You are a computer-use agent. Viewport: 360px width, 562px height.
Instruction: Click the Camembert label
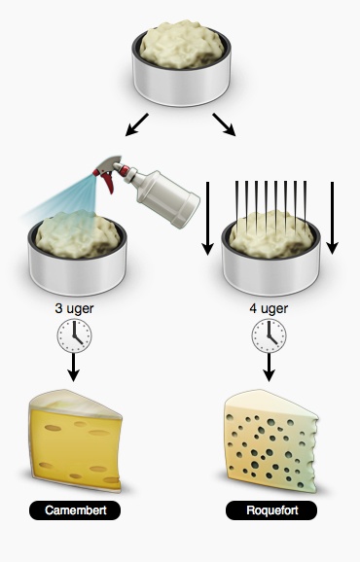75,510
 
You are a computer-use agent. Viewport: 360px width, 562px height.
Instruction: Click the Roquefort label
271,510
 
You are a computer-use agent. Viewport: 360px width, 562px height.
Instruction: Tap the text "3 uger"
74,308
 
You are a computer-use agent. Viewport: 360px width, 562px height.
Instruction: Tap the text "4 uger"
269,308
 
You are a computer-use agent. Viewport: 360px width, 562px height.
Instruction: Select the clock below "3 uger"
74,335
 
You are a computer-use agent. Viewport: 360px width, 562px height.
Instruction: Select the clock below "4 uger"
269,335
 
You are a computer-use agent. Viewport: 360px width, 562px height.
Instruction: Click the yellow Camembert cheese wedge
76,440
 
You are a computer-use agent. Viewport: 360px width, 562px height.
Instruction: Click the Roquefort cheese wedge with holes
271,440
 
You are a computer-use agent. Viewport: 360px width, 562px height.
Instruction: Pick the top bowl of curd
181,63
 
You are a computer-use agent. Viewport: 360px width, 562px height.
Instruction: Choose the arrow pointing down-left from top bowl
136,124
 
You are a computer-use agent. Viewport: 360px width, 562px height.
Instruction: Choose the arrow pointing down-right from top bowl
224,124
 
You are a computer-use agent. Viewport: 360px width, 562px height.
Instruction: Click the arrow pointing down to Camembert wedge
74,368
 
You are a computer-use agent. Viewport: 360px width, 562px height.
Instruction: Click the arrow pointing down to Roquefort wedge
269,368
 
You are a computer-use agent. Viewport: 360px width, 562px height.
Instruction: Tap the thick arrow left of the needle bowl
207,218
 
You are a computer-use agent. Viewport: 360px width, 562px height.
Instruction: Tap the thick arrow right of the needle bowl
332,218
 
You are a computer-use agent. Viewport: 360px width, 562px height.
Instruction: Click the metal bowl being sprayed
78,257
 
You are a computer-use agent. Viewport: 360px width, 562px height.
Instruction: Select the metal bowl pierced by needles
271,257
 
